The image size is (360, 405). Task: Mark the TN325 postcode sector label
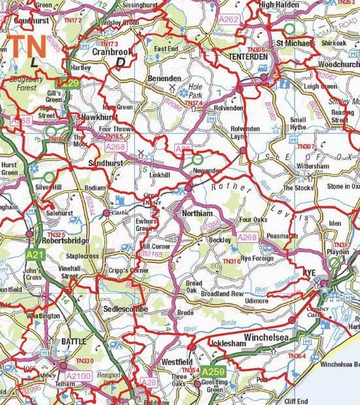pyautogui.click(x=57, y=234)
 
